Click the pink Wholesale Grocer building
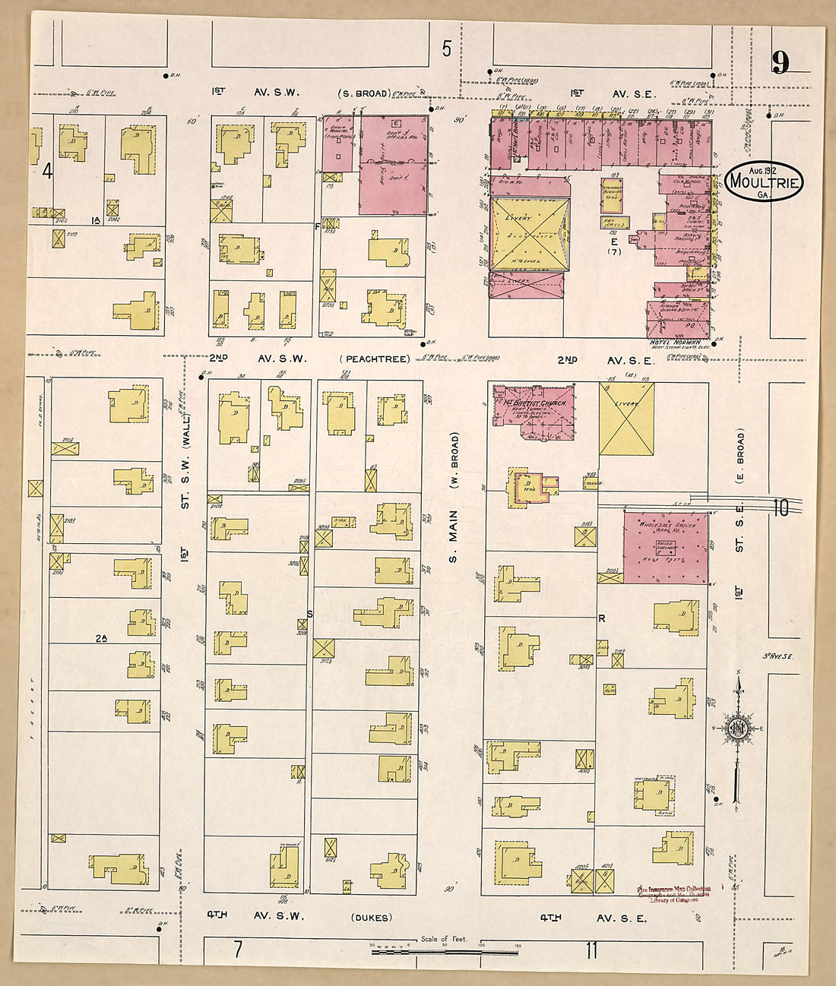666,548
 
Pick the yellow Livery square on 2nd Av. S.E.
626,419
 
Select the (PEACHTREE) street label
376,359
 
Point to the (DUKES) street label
372,918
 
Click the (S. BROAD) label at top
363,93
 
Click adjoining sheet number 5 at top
447,49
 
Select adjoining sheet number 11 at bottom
591,950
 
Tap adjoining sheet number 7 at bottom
238,948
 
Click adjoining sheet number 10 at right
781,508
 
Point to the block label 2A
101,639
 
